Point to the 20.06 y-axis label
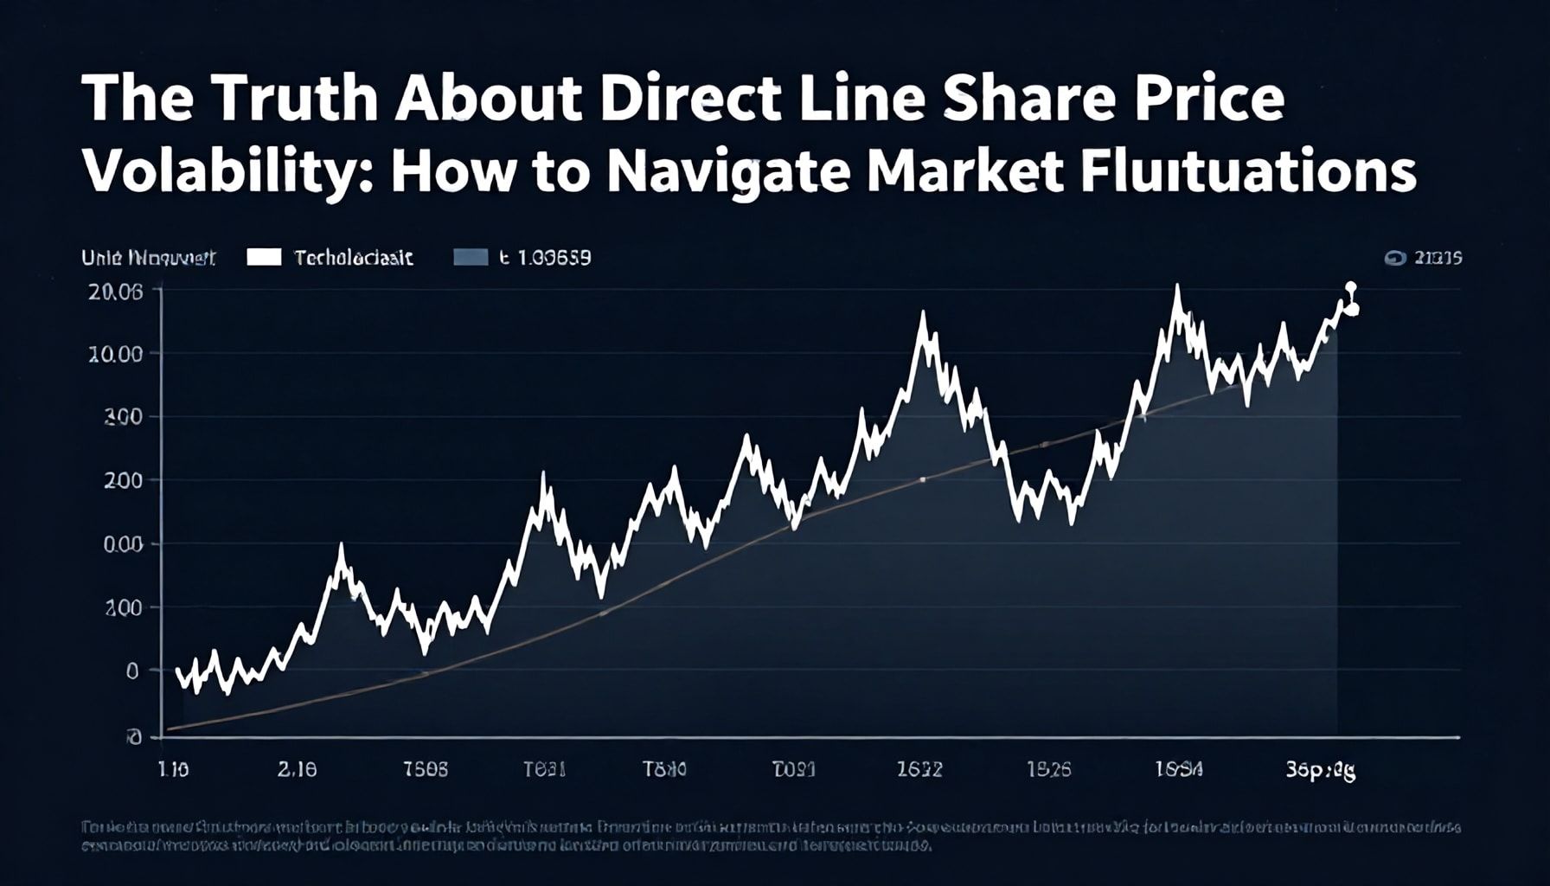(x=115, y=292)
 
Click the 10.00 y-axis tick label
(x=115, y=354)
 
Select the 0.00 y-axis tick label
(x=122, y=545)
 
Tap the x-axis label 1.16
(x=174, y=769)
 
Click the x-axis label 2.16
(x=297, y=769)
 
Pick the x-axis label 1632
(x=919, y=769)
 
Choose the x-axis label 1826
(x=1048, y=769)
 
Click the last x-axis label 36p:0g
(x=1321, y=770)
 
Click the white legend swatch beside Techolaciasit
(x=264, y=257)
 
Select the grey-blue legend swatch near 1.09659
(x=471, y=257)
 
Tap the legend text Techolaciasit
(x=354, y=258)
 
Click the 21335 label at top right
(x=1437, y=258)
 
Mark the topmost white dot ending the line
(x=1351, y=287)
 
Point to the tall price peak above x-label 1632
(x=923, y=315)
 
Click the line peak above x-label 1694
(x=1176, y=288)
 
